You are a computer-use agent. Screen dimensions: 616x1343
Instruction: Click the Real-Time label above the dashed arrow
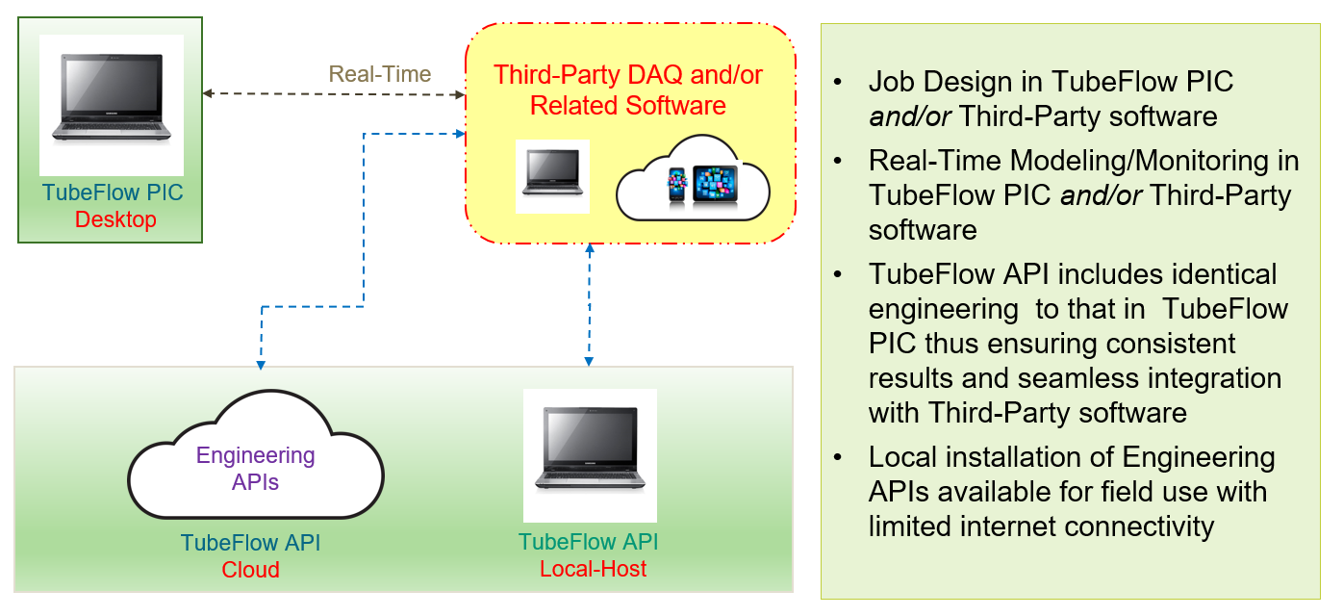click(x=380, y=74)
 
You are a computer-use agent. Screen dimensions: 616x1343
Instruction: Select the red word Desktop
click(x=115, y=219)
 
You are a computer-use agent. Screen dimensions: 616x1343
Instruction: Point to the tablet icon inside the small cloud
click(x=715, y=184)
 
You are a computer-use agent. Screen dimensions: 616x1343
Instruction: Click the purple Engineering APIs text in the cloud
click(x=255, y=468)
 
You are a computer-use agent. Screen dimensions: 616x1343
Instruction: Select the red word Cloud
click(x=250, y=570)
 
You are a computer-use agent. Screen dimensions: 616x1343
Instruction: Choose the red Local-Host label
click(x=594, y=568)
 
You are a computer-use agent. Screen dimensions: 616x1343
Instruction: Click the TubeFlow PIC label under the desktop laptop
click(x=112, y=192)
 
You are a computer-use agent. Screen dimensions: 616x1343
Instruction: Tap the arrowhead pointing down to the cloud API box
click(x=261, y=365)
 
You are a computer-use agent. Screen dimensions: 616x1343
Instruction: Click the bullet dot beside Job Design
click(x=842, y=82)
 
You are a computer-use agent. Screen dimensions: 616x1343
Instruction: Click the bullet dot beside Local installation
click(x=842, y=457)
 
